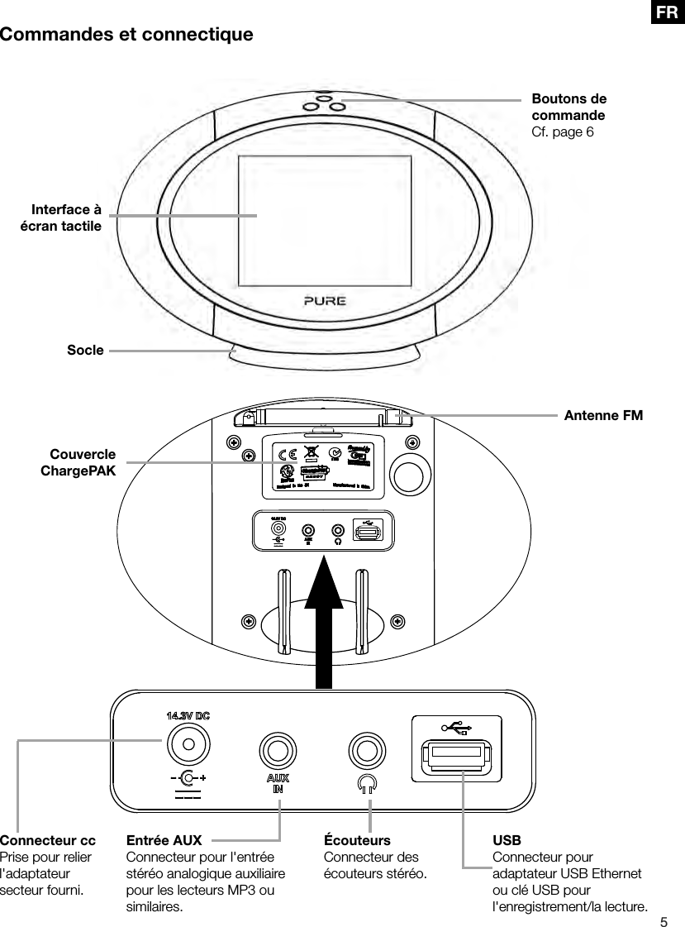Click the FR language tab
pos(668,12)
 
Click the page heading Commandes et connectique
pos(126,35)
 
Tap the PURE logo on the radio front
pos(323,300)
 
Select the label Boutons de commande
pos(568,108)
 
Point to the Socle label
pos(85,350)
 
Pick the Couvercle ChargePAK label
pos(78,462)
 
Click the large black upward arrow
pos(324,620)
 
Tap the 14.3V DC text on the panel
pos(188,715)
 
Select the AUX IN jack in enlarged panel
pos(278,751)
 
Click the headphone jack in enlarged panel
pos(366,751)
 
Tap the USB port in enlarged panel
pos(456,754)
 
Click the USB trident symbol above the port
pos(456,728)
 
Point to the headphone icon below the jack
pos(367,783)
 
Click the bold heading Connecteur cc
pos(48,841)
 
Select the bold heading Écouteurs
pos(357,841)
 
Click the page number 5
pos(663,920)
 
